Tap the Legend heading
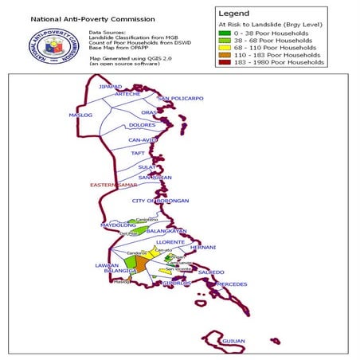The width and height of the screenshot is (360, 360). click(x=237, y=14)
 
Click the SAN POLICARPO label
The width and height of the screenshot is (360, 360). click(x=181, y=99)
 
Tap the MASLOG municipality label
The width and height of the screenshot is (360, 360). click(x=80, y=115)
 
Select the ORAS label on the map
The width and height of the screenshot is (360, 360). click(x=150, y=113)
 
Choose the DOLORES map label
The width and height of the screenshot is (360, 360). click(x=142, y=125)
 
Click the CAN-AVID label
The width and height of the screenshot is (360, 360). click(x=145, y=140)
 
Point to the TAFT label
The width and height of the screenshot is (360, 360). click(x=138, y=153)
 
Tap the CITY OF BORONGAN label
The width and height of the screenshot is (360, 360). click(x=161, y=201)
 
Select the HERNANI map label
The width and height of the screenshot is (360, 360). click(x=203, y=247)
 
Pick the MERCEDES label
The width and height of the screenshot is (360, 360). click(x=232, y=284)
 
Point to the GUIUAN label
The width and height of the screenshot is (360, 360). click(x=233, y=340)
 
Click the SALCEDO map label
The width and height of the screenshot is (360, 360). click(x=211, y=272)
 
